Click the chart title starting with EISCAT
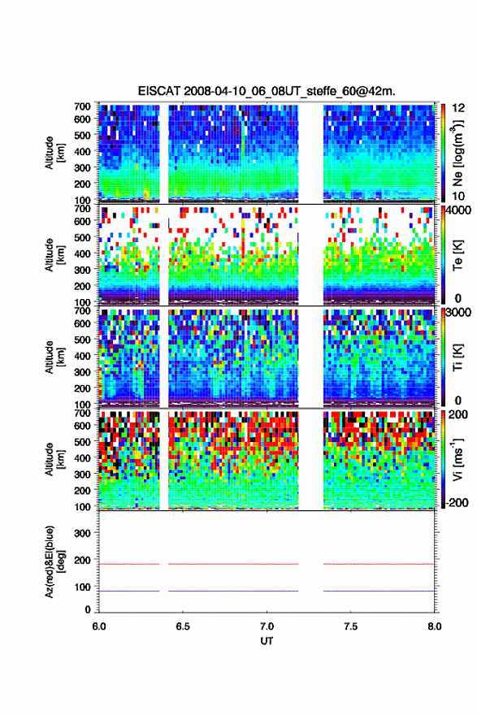(x=267, y=91)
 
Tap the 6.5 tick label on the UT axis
(x=183, y=626)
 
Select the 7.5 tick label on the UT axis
(x=351, y=626)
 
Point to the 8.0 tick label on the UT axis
(x=435, y=626)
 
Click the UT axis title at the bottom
(x=267, y=641)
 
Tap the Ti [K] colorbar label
(x=457, y=357)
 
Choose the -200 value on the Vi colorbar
(x=457, y=502)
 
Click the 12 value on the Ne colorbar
(x=459, y=108)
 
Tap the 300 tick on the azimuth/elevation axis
(x=83, y=533)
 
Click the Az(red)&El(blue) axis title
(x=54, y=561)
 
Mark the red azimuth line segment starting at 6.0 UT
(x=129, y=564)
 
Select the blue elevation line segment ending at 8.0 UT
(x=379, y=591)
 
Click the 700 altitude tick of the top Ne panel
(x=83, y=106)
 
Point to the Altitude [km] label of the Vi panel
(x=54, y=459)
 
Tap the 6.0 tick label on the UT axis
(x=99, y=626)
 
